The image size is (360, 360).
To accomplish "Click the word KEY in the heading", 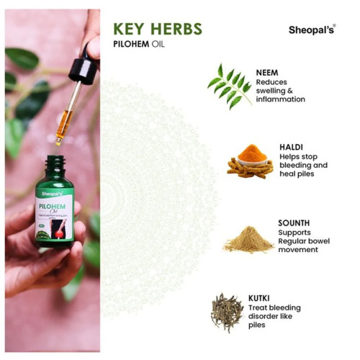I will tap(132, 30).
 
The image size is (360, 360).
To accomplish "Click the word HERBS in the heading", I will tap(178, 30).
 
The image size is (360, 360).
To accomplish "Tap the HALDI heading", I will tap(291, 147).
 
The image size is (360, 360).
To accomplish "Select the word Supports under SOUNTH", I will tap(294, 233).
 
